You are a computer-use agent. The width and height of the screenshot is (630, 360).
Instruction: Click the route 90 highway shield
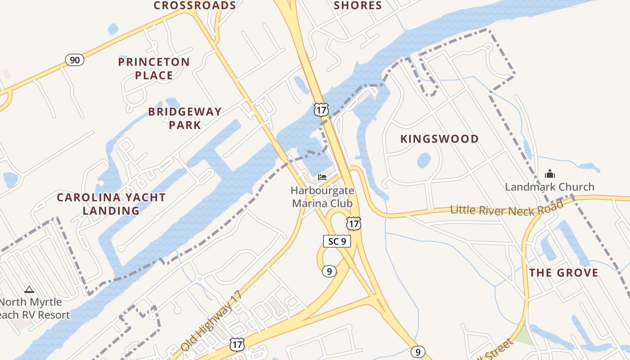point(75,59)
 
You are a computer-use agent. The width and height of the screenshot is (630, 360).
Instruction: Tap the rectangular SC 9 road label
point(337,241)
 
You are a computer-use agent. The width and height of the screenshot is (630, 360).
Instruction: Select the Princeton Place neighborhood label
point(154,68)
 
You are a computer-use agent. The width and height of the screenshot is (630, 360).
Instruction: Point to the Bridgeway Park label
point(185,118)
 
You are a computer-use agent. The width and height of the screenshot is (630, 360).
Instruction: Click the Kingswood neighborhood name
point(440,139)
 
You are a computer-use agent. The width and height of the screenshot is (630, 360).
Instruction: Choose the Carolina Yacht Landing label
point(111,204)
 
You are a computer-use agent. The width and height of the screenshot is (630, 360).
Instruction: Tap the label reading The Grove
point(563,273)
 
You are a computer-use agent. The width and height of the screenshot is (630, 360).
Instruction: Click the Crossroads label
point(195,5)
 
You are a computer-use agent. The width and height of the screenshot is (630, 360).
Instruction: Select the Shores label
point(358,5)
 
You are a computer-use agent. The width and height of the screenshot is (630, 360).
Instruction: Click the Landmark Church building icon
point(549,174)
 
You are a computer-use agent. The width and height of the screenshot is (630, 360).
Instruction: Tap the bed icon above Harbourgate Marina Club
point(322,177)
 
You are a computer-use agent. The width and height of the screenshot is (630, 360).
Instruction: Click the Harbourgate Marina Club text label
point(322,197)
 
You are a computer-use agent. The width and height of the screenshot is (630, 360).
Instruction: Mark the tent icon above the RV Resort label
point(29,289)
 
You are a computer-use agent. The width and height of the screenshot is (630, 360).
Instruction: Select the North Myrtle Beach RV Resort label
point(34,308)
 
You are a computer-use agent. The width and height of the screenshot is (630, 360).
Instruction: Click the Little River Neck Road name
point(507,209)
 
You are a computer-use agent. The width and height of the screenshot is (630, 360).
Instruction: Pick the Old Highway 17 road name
point(211,321)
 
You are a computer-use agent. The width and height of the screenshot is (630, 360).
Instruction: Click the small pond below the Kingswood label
point(424,160)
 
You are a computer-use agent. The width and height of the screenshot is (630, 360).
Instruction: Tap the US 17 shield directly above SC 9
point(353,223)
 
